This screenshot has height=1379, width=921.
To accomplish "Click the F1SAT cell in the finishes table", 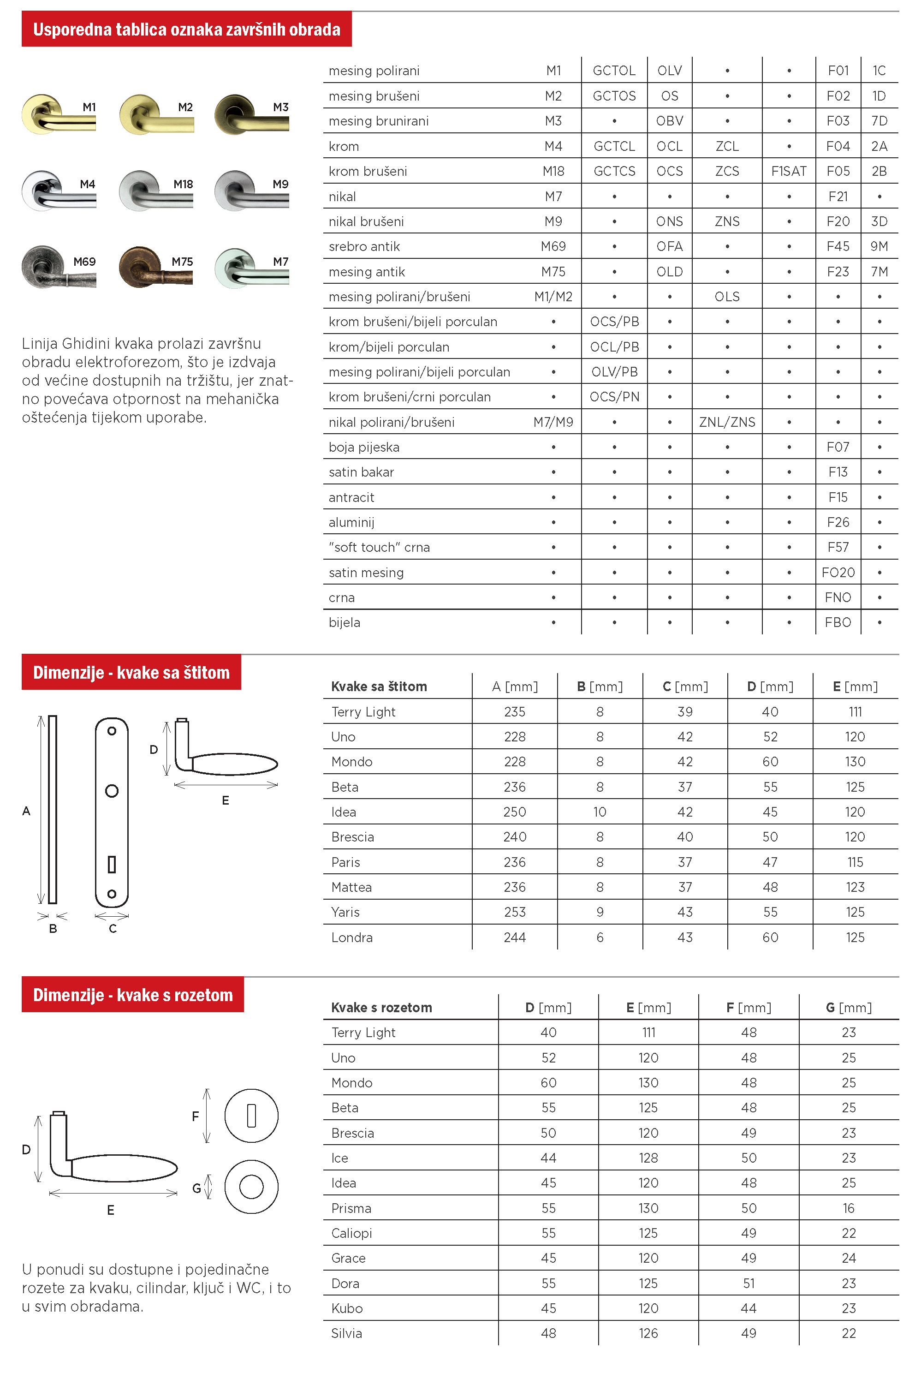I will tap(788, 171).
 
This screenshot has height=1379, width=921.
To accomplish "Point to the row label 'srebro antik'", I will tap(364, 246).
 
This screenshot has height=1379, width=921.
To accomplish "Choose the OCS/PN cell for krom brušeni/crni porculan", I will tap(614, 397).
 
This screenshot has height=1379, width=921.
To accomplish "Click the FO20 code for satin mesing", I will tap(838, 572).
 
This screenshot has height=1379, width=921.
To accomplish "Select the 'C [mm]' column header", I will tap(685, 686).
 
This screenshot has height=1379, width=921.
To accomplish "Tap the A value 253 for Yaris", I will tap(515, 912).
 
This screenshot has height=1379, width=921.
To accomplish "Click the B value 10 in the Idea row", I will tap(599, 812).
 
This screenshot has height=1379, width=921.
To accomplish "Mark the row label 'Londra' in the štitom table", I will tap(352, 937).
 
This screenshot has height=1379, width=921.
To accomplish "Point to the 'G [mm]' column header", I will tap(848, 1008).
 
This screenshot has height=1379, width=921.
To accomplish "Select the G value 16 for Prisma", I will tap(848, 1208).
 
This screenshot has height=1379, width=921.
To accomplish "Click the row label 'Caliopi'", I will tap(351, 1233).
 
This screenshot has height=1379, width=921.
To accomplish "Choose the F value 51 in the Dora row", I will tap(749, 1283).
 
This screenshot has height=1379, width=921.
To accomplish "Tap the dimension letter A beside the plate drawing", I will tap(26, 811).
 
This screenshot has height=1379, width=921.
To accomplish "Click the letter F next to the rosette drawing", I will tap(196, 1116).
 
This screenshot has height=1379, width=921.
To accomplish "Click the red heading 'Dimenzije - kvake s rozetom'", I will tap(133, 995).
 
